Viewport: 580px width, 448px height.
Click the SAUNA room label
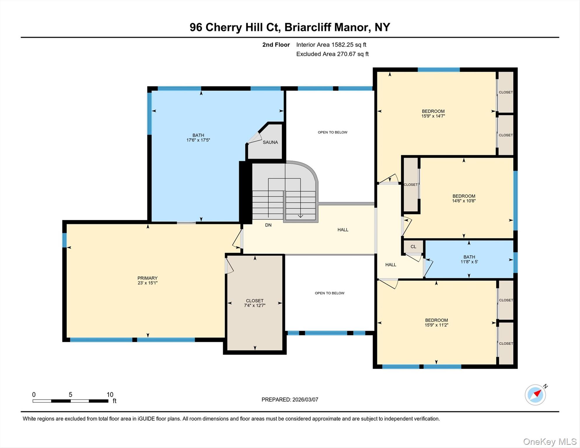(x=270, y=142)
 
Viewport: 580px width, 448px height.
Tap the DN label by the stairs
(x=268, y=225)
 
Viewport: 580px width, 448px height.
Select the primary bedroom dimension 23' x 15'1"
(x=148, y=283)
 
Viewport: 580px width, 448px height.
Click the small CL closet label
(x=413, y=247)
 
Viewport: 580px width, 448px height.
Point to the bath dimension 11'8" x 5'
(x=469, y=262)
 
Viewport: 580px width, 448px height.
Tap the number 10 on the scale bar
(x=110, y=395)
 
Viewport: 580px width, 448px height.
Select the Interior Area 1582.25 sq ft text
(x=331, y=45)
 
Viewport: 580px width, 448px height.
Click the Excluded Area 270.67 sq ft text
(x=332, y=54)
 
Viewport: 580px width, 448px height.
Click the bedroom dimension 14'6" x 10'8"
(x=464, y=201)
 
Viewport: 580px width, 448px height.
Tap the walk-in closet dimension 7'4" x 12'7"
(x=255, y=305)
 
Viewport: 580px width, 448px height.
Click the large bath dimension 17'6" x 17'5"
(x=198, y=140)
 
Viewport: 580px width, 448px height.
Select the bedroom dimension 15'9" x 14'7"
(x=433, y=116)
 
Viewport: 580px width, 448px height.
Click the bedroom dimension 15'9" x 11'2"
(x=436, y=325)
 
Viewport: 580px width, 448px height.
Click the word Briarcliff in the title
(x=308, y=27)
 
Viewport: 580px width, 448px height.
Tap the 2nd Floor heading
(x=276, y=45)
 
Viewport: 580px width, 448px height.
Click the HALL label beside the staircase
(x=343, y=230)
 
